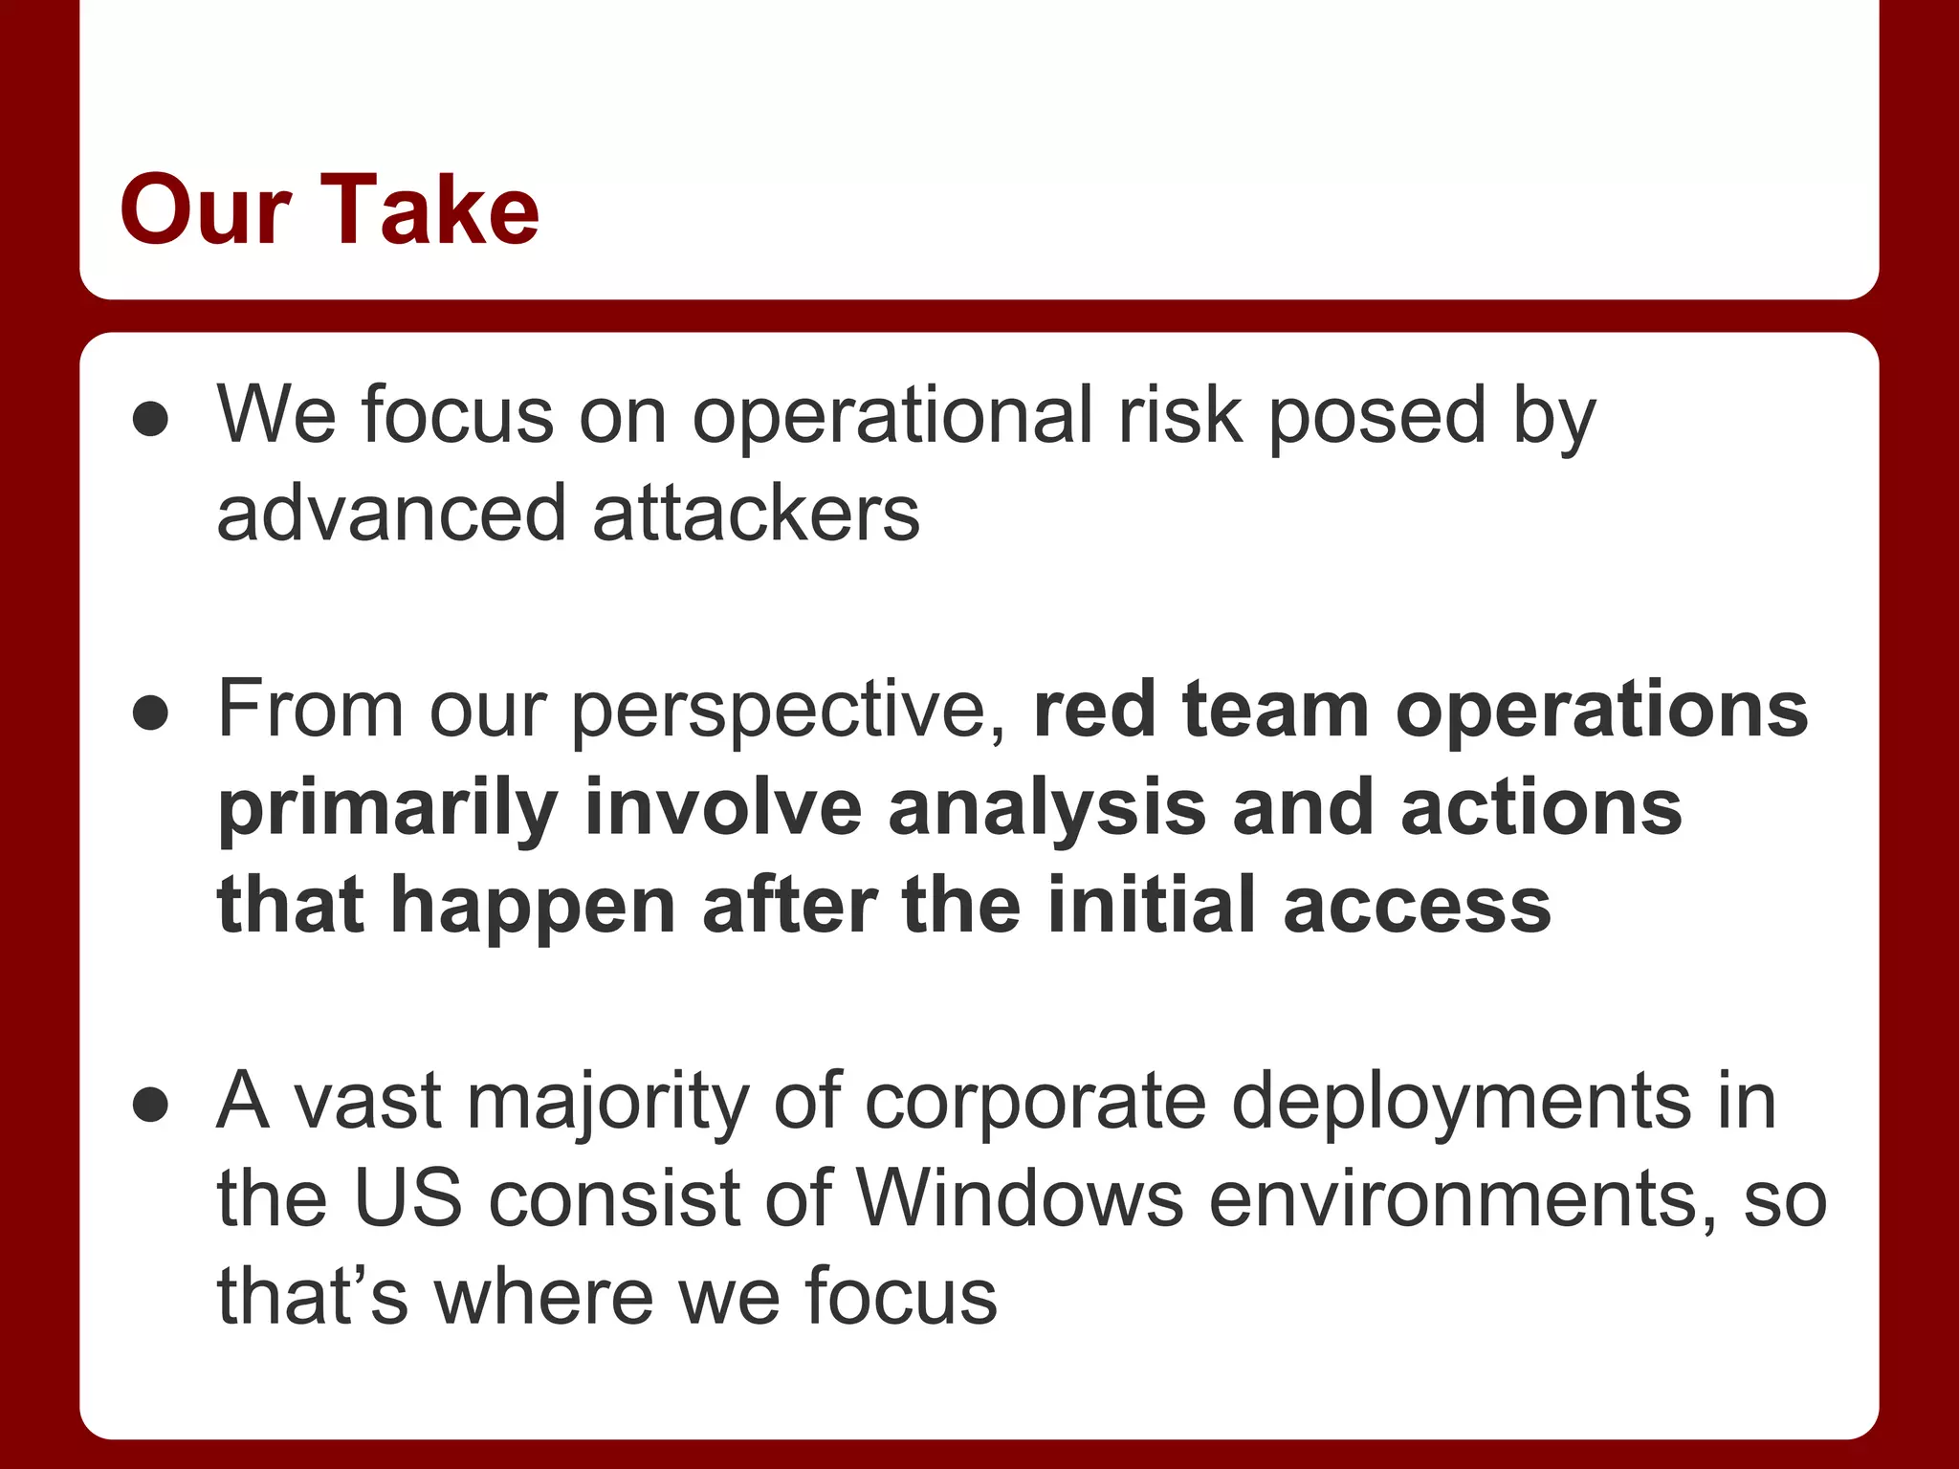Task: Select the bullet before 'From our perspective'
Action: (151, 713)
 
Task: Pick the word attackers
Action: (756, 515)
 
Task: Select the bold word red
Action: (1095, 711)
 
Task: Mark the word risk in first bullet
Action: (1180, 417)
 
